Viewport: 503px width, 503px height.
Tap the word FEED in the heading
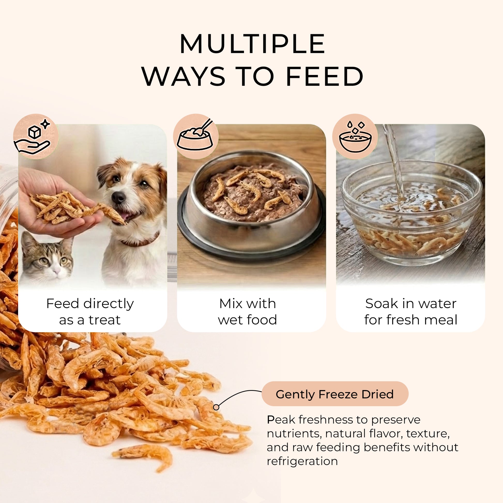click(x=325, y=76)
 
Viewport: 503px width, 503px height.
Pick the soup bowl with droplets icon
click(x=355, y=137)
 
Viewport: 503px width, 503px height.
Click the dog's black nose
click(x=118, y=197)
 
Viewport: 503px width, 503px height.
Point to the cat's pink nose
click(x=56, y=272)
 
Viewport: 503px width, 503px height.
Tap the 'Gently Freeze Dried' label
click(x=335, y=394)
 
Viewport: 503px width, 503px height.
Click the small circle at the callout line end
click(x=216, y=407)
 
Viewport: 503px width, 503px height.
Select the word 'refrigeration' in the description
click(x=302, y=461)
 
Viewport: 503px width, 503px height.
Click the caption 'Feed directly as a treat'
click(x=90, y=311)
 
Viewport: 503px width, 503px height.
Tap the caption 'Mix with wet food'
click(x=247, y=311)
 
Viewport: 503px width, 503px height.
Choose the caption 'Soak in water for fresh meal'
click(x=410, y=311)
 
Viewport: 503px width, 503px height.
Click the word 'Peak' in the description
click(x=281, y=420)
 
